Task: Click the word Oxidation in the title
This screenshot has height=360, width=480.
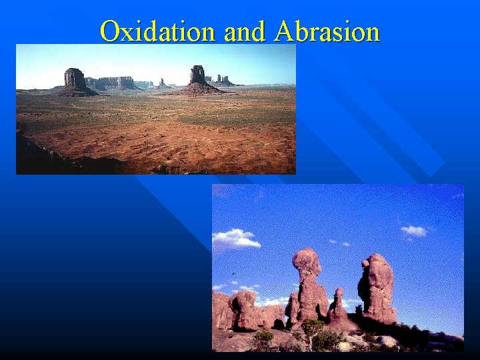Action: (x=159, y=31)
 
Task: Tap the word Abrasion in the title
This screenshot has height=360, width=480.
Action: (x=327, y=31)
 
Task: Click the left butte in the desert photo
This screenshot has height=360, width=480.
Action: (x=75, y=81)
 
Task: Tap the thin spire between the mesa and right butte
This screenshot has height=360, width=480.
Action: (x=161, y=83)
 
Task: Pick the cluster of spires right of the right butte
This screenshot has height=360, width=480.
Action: (x=221, y=81)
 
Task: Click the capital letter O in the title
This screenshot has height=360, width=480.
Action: (x=109, y=31)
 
